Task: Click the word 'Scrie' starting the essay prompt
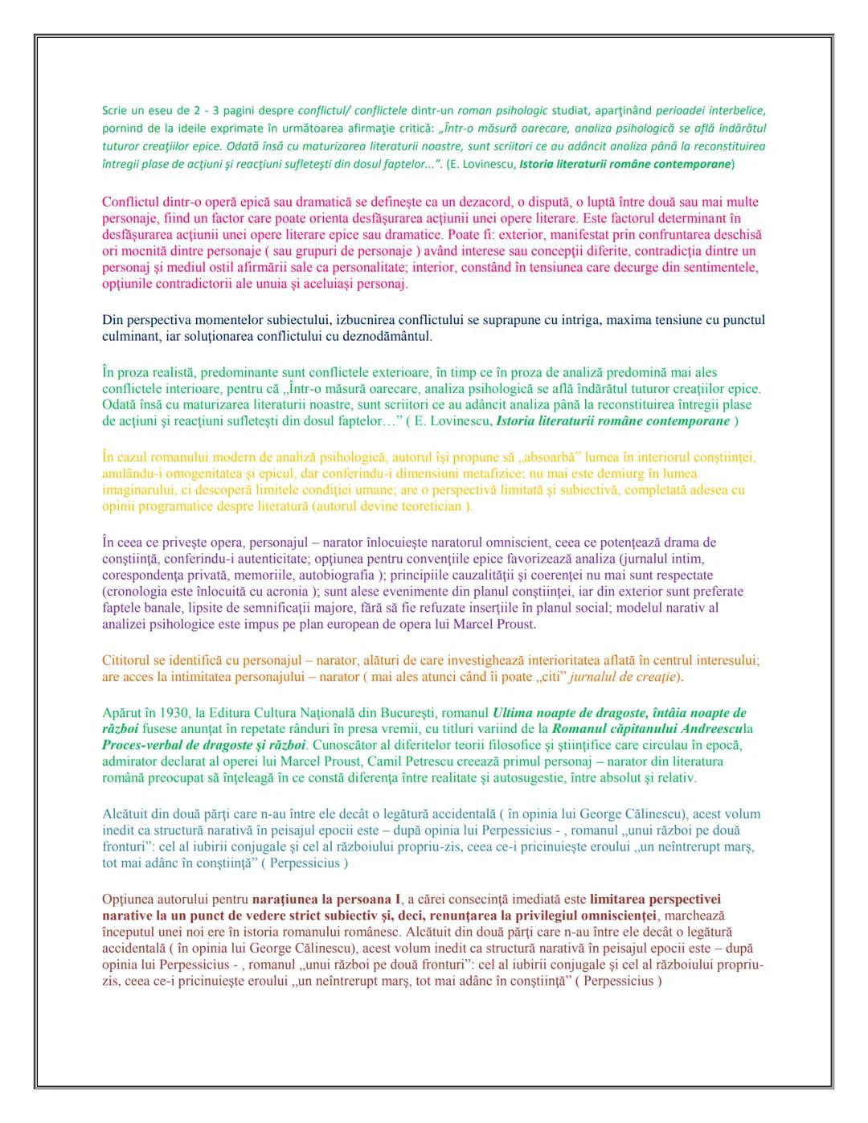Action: pos(115,110)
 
